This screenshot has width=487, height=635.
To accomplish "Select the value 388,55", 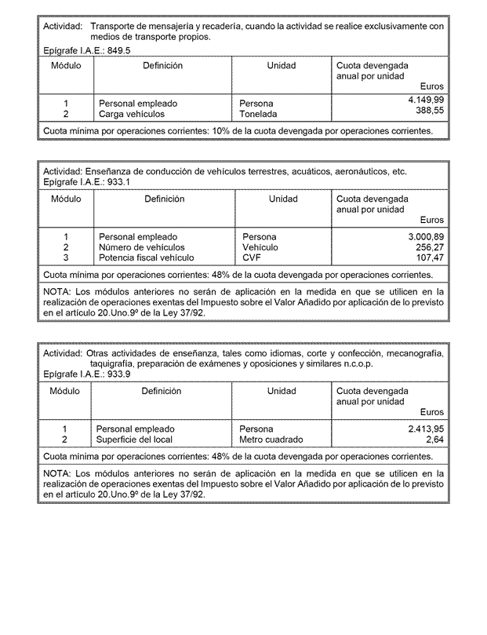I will (x=429, y=111).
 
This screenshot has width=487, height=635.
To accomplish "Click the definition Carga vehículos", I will (x=132, y=114).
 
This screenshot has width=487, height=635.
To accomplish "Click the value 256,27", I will (x=429, y=246).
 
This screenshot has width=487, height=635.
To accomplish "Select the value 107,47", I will (x=429, y=257).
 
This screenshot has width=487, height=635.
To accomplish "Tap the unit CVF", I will (x=251, y=257).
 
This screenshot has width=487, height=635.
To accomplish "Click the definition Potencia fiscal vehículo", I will (x=146, y=257).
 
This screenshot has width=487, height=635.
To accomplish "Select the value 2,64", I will (x=434, y=440).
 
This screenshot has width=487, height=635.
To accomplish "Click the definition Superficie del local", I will (x=135, y=440).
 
